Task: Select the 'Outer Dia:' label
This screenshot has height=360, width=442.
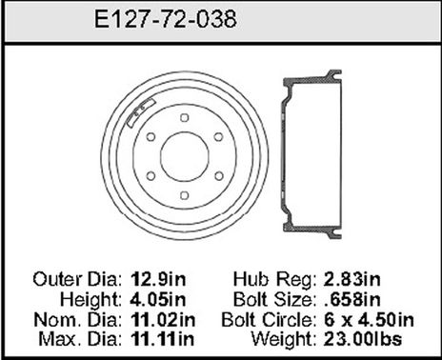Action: pos(76,280)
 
